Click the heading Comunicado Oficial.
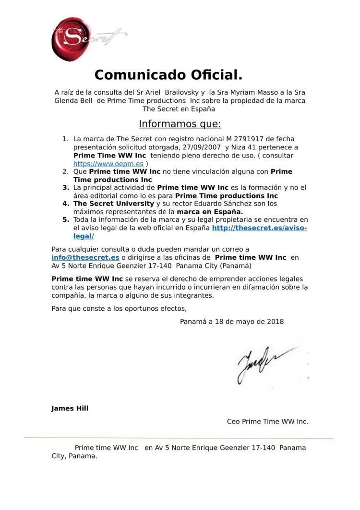point(168,75)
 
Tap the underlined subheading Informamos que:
point(180,124)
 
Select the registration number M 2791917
point(242,139)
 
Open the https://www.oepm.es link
point(108,164)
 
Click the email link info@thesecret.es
point(85,257)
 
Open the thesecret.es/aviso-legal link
point(259,228)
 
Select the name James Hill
point(70,408)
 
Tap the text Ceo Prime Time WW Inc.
point(267,421)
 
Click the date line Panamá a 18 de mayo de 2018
point(231,321)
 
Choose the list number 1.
point(66,139)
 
